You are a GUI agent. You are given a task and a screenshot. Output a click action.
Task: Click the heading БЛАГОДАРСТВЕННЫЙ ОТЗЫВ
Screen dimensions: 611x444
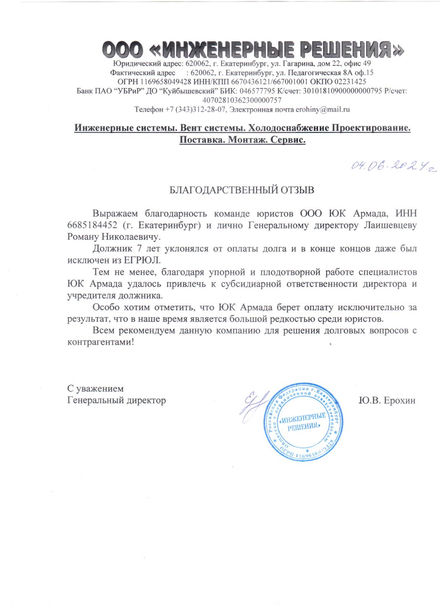242,190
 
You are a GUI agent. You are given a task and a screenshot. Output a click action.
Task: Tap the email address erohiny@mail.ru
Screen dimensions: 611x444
323,109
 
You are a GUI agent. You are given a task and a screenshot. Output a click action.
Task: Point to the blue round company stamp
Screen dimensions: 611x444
303,421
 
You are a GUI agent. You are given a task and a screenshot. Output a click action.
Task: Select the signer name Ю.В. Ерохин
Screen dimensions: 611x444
387,400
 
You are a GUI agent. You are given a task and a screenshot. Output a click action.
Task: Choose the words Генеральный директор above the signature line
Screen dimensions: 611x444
116,400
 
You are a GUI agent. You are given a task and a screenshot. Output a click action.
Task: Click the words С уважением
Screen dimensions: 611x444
95,388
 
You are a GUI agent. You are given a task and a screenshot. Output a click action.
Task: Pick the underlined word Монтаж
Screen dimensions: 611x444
247,139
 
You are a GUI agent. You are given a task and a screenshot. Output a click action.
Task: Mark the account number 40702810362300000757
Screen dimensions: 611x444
242,100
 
